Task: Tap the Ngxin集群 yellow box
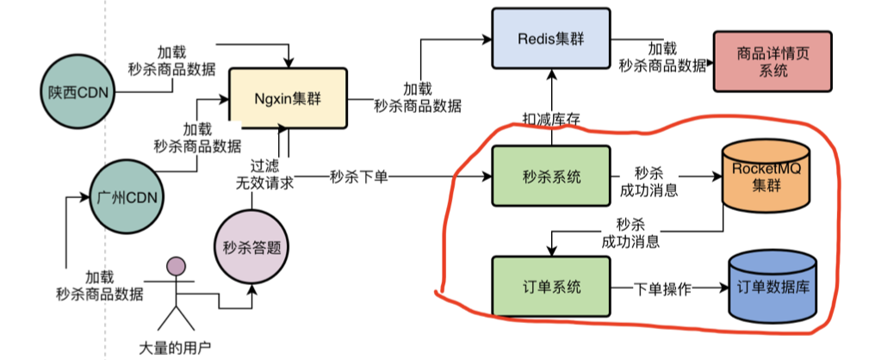click(287, 97)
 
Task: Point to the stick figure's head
click(177, 266)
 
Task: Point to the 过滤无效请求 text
click(264, 176)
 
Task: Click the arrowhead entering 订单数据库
click(723, 288)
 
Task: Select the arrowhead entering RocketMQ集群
click(717, 178)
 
